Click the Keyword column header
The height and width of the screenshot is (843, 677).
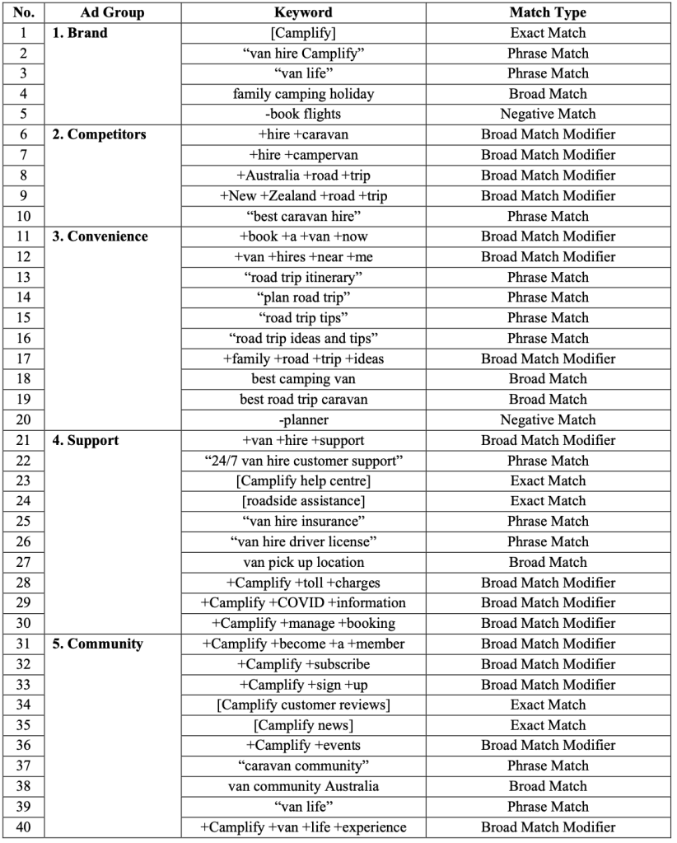[x=303, y=12]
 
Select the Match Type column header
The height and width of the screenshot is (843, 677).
[x=548, y=12]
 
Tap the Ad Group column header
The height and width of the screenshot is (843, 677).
[x=113, y=12]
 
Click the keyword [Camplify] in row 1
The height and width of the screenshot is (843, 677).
[x=303, y=33]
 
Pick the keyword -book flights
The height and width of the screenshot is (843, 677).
[x=303, y=114]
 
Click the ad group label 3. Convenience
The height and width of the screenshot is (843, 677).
[x=100, y=237]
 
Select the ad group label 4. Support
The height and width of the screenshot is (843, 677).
[x=86, y=440]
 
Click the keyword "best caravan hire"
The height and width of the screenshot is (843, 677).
[x=303, y=216]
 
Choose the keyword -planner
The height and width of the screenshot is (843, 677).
[x=303, y=419]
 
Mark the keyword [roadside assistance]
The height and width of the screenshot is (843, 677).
[x=303, y=501]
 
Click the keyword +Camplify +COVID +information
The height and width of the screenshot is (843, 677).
[x=303, y=602]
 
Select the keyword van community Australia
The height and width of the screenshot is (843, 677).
[x=303, y=786]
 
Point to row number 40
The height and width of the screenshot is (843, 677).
[x=22, y=827]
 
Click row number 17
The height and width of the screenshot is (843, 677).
[x=22, y=358]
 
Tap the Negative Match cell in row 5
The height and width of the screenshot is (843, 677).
[x=548, y=114]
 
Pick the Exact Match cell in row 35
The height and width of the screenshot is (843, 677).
[x=548, y=725]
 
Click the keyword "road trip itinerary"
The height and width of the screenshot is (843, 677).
[x=303, y=277]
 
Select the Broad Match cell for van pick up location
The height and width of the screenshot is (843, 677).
[x=548, y=562]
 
